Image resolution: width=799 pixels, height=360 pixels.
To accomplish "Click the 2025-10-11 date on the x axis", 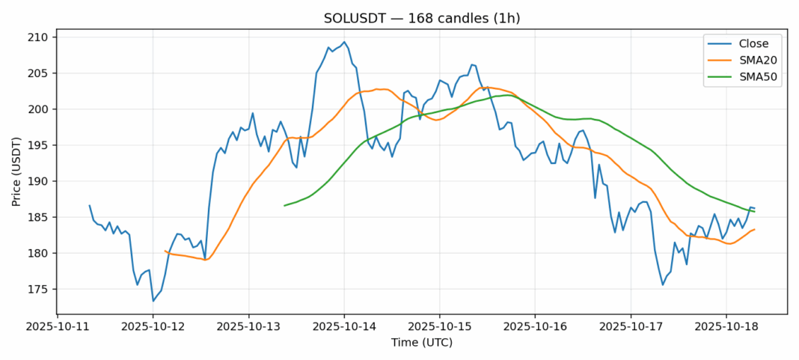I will pos(58,327).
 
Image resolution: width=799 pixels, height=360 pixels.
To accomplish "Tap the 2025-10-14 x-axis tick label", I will pos(344,327).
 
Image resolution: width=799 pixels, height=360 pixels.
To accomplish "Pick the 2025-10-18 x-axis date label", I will pos(726,327).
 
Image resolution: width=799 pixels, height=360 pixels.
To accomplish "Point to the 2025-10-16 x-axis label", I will pos(535,327).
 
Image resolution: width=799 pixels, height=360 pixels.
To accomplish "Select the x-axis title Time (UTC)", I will pos(422,343).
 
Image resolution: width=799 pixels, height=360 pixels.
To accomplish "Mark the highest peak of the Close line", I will pos(344,42).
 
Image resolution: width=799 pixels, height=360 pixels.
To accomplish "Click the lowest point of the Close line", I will pos(153,301).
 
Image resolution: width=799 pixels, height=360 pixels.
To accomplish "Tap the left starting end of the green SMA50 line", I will pos(284,205).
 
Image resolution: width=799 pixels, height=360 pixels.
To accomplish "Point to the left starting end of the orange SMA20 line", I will pos(165,251).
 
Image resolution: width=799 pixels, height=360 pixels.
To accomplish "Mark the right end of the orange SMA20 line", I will pos(754,229).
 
